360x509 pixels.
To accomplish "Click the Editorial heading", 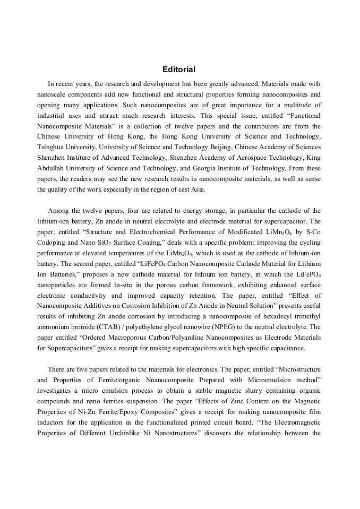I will point(179,70).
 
